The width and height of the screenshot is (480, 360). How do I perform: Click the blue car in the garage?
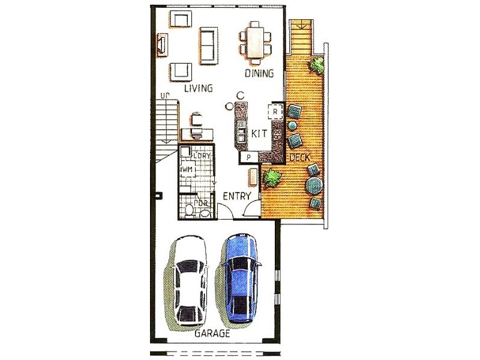click(x=241, y=277)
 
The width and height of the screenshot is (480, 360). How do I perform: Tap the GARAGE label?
click(x=211, y=335)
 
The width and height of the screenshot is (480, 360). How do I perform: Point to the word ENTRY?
click(x=236, y=196)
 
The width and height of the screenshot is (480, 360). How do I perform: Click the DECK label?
click(x=299, y=157)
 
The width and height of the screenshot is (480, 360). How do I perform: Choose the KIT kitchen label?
click(x=259, y=133)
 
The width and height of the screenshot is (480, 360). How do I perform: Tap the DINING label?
click(x=259, y=74)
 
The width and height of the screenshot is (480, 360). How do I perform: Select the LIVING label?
click(x=198, y=89)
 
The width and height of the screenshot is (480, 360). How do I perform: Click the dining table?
click(x=256, y=43)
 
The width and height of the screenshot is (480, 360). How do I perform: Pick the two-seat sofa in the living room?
click(x=208, y=45)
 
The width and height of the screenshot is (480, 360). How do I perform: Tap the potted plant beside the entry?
click(x=272, y=178)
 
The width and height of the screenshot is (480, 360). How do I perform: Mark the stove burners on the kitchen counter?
click(x=278, y=134)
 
